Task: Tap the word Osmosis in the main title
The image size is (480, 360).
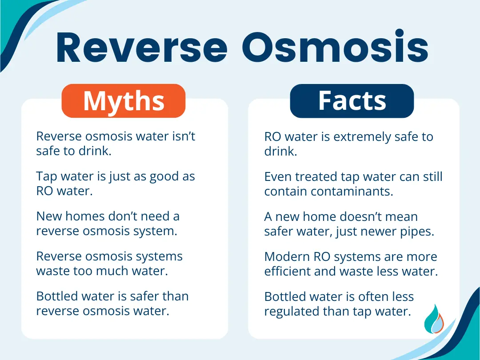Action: [x=336, y=48]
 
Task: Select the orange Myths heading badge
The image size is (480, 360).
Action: [x=124, y=101]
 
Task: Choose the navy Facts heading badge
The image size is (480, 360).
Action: [x=352, y=101]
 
